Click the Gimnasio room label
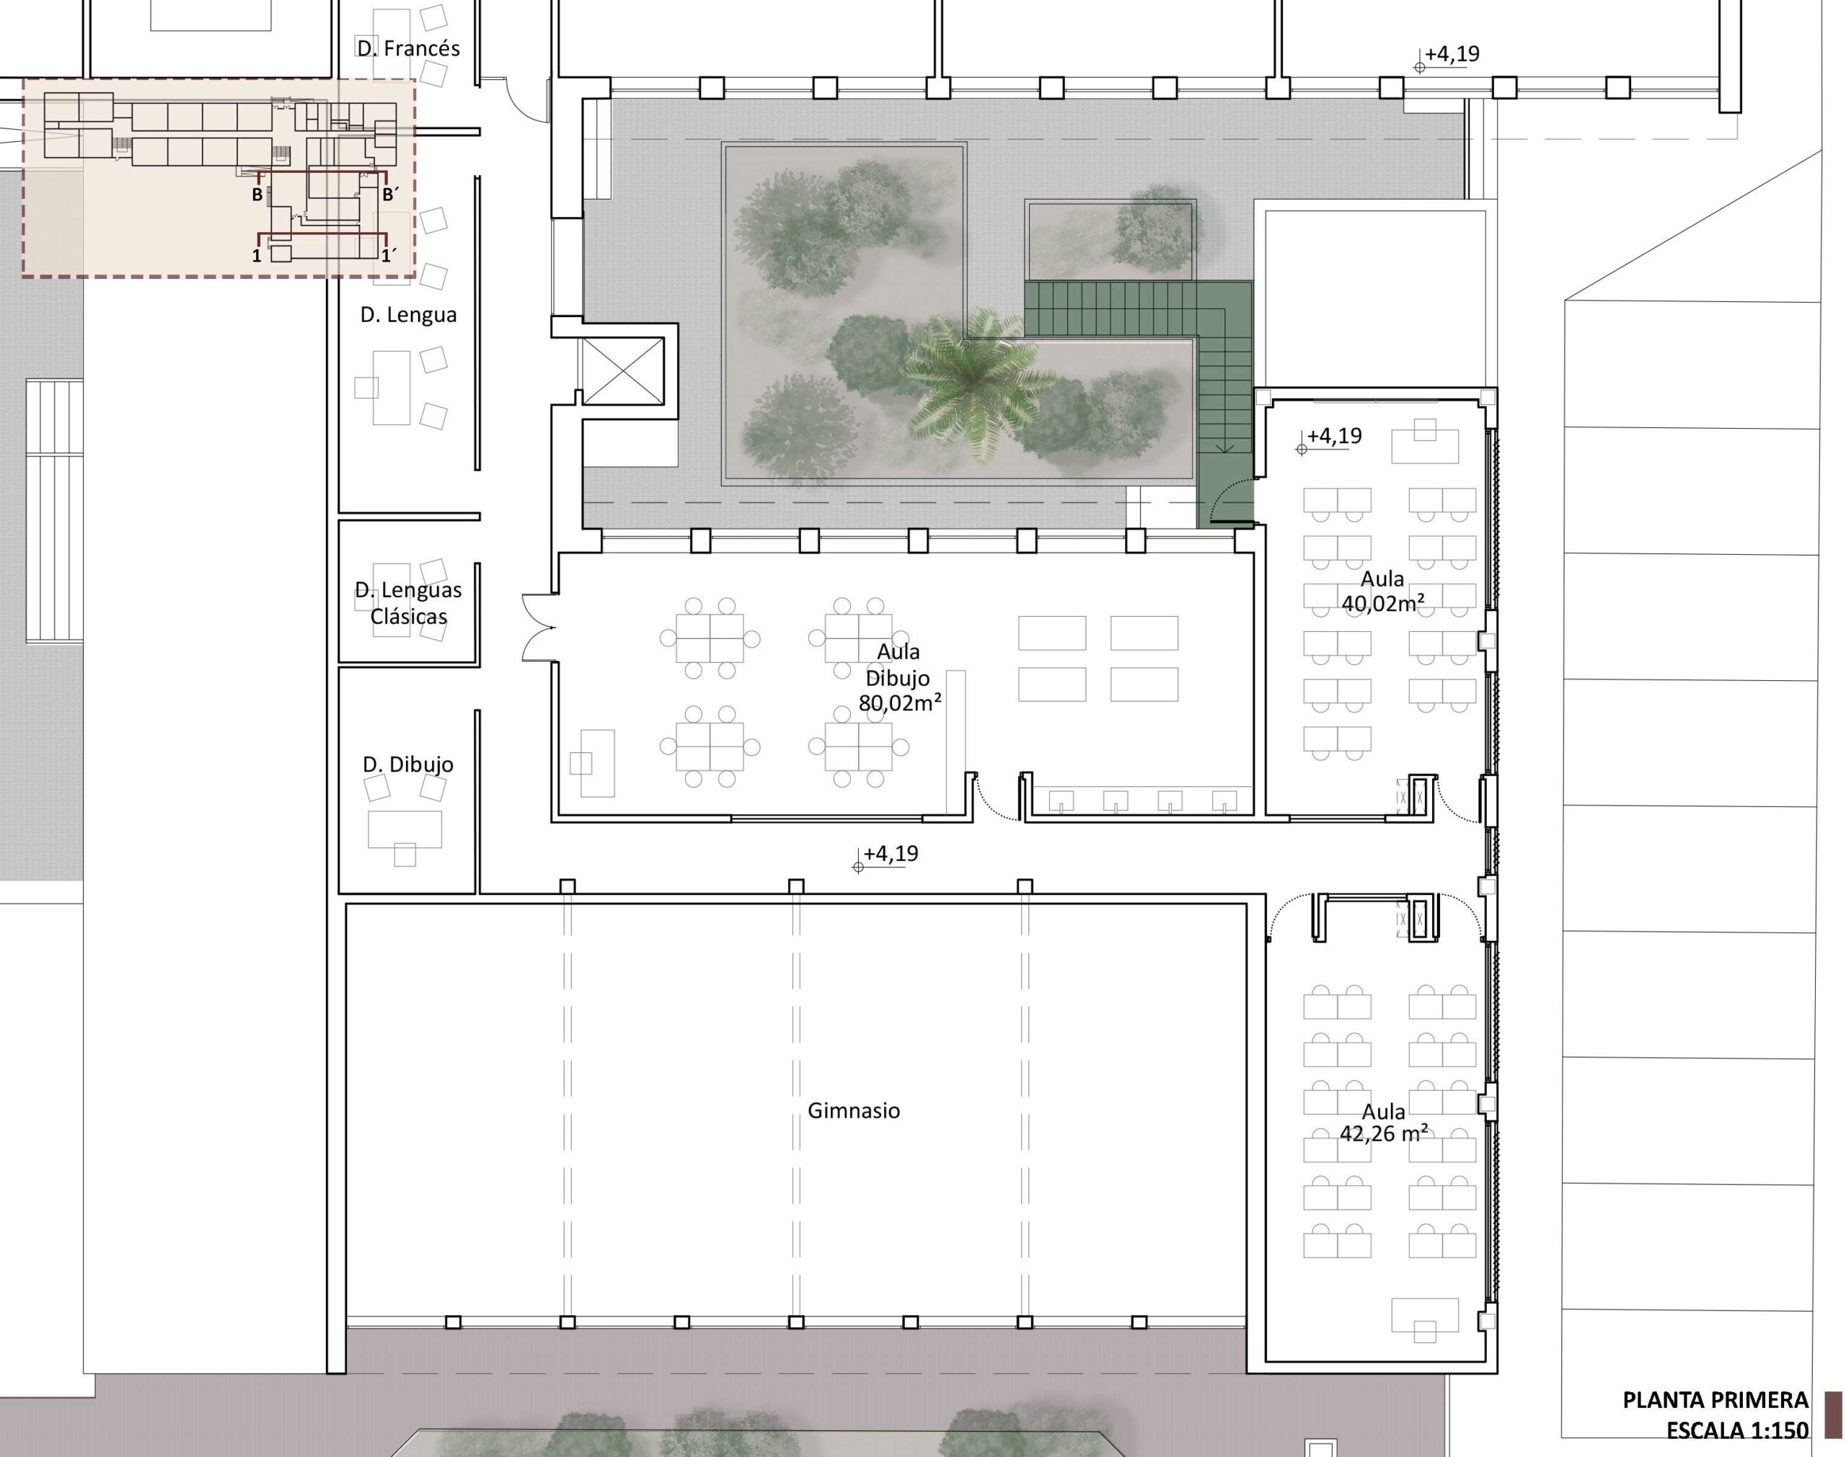[854, 1110]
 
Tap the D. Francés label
[408, 48]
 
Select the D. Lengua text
[408, 315]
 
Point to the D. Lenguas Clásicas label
[408, 602]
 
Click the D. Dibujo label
[408, 765]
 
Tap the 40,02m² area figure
[1382, 604]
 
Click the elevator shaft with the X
[622, 371]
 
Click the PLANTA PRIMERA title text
[1715, 1400]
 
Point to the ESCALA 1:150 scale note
[1737, 1430]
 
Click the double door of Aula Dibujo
[539, 627]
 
